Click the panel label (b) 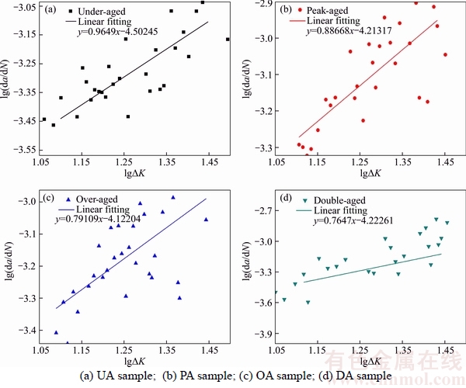[x=285, y=11]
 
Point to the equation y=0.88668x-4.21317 [x=349, y=31]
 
